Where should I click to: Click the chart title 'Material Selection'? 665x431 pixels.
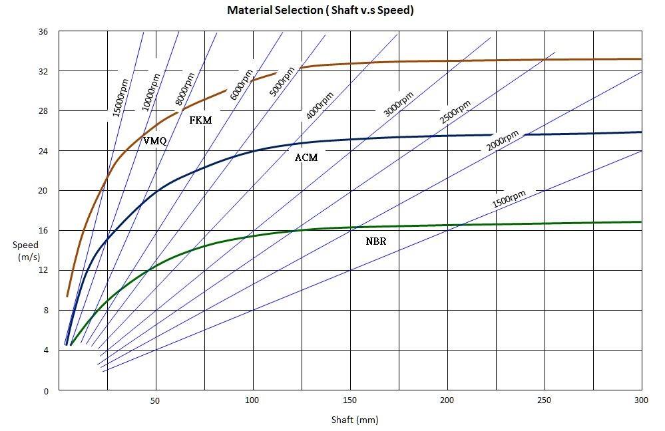pos(320,11)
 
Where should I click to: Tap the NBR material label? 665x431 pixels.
pos(376,241)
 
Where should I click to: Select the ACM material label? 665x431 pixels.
pos(306,158)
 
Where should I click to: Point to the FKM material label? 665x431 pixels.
pos(200,120)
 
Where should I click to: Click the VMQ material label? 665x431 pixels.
pos(154,140)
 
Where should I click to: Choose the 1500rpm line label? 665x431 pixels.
pos(509,199)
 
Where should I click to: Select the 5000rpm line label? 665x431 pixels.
pos(282,82)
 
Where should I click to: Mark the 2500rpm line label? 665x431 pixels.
pos(455,112)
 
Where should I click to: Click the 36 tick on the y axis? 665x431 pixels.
pos(43,31)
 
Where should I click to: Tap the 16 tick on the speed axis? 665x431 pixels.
pos(43,230)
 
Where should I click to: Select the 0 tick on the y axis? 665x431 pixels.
pos(45,390)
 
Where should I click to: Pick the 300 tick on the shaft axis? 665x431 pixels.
pos(641,400)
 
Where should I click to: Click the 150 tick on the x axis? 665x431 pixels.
pos(349,400)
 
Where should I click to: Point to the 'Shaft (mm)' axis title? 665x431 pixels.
pos(355,420)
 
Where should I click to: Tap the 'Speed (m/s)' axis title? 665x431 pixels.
pos(26,250)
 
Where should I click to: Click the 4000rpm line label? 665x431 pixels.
pos(321,104)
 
